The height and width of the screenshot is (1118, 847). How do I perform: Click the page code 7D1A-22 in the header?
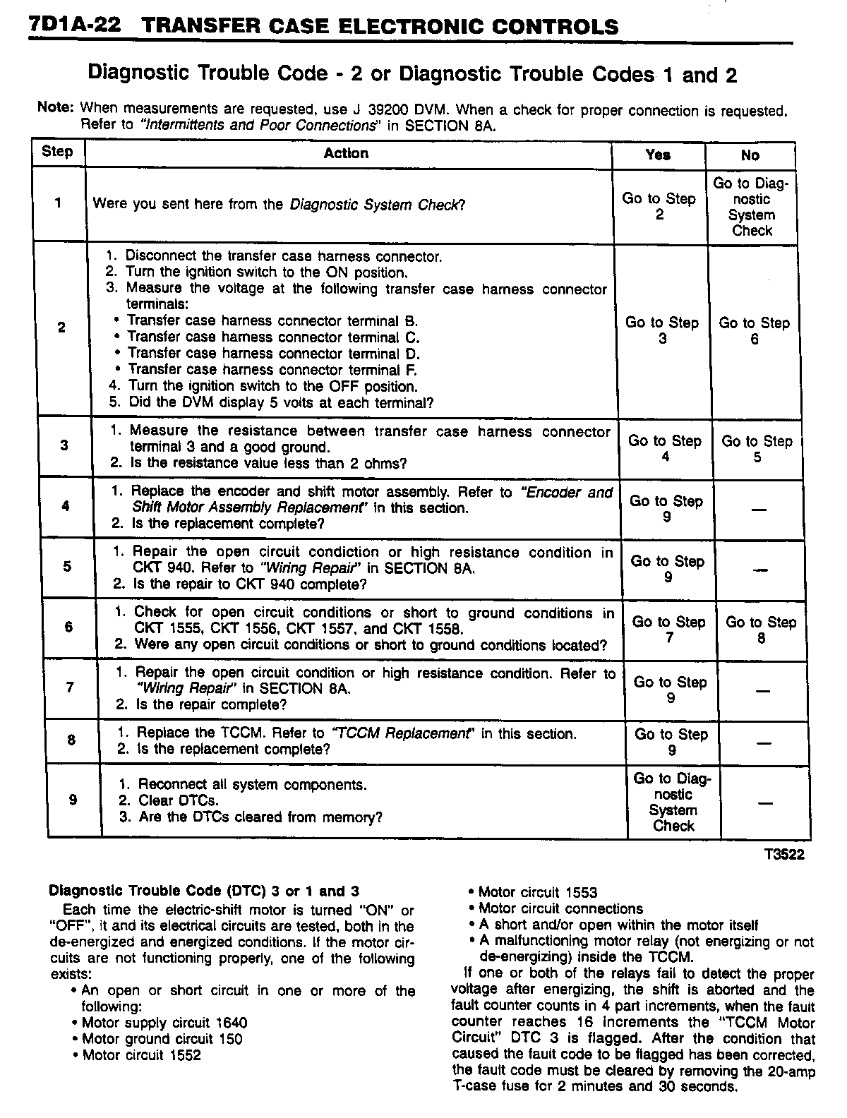(x=73, y=26)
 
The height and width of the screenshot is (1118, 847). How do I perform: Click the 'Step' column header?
(x=57, y=152)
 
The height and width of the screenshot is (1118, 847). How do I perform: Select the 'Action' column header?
(x=346, y=153)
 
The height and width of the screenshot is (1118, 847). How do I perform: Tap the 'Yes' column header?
(x=658, y=155)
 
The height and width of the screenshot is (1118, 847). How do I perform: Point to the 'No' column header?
(x=750, y=155)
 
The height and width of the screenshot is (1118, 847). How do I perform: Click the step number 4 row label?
(x=66, y=506)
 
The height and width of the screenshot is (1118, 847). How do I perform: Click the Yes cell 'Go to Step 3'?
(x=662, y=330)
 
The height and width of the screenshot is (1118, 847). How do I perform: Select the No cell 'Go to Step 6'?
(x=754, y=330)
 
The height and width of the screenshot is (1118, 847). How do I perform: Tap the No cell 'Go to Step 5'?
(x=757, y=449)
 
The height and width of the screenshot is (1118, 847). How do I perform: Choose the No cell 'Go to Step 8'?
(x=761, y=630)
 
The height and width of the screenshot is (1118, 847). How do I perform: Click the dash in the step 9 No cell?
(x=764, y=802)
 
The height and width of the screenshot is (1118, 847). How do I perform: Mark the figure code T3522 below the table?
(x=783, y=855)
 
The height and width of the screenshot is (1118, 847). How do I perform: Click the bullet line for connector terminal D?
(x=273, y=354)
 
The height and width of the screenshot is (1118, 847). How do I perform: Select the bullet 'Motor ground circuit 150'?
(x=162, y=1039)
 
